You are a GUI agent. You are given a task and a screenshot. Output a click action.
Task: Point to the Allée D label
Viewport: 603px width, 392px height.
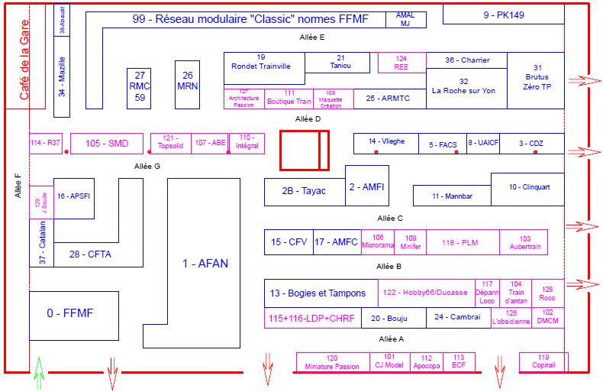[x=308, y=119]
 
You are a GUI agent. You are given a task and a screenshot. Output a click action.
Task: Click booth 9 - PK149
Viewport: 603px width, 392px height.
[x=504, y=15]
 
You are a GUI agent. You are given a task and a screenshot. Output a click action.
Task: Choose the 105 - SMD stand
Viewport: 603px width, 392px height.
[x=107, y=144]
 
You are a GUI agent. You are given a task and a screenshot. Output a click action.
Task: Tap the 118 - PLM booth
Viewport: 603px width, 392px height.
[x=460, y=242]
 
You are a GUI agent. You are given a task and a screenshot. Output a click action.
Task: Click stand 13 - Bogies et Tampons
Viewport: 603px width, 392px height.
[x=318, y=293]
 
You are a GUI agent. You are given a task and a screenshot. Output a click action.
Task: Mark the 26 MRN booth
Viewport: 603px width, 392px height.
[x=187, y=81]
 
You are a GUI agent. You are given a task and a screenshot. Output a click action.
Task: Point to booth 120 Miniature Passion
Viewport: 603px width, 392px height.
[x=332, y=362]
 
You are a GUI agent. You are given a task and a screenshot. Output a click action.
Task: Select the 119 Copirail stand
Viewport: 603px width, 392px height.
[x=543, y=361]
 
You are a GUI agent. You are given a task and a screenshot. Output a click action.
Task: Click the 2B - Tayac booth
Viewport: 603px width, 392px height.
[x=303, y=191]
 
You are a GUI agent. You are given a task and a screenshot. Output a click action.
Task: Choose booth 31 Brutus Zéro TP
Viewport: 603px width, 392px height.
[x=537, y=77]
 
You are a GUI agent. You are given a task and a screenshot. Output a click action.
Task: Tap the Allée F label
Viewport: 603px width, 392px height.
[x=17, y=186]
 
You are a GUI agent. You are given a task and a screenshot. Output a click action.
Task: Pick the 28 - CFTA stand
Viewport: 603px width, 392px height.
[x=90, y=254]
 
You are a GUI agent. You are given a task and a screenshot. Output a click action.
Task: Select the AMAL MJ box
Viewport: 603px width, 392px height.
[x=405, y=19]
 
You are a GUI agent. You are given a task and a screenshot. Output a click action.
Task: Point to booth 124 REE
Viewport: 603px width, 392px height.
[x=401, y=63]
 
